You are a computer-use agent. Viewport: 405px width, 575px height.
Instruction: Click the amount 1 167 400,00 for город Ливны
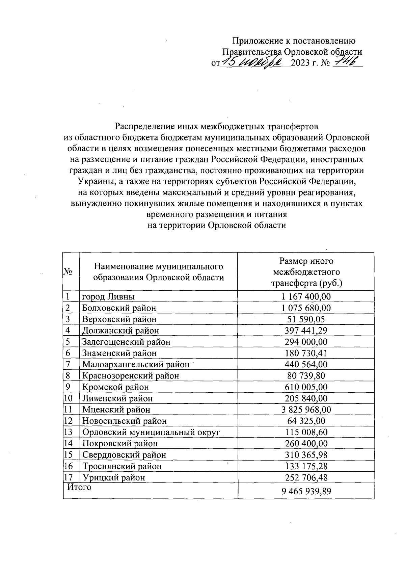point(306,296)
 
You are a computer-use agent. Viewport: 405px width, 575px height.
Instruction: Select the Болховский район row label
point(119,308)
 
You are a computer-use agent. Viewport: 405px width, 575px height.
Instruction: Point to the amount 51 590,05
point(306,319)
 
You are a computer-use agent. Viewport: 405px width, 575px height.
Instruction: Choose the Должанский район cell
point(120,330)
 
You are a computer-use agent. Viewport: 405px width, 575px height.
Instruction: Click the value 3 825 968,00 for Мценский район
point(306,410)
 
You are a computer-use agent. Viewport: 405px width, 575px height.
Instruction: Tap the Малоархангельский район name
point(136,364)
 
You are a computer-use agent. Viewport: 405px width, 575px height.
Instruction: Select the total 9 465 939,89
point(306,491)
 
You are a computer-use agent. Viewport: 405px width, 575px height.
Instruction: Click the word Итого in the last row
point(79,487)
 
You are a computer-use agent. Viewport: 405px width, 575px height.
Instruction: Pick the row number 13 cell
point(69,432)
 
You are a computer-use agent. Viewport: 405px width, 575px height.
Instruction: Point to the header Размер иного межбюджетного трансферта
point(306,272)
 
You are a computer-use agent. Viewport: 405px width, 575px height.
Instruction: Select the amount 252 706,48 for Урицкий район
point(306,477)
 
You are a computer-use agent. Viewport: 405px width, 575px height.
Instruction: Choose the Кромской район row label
point(115,387)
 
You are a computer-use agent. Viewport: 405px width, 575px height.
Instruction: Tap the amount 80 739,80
point(306,375)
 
